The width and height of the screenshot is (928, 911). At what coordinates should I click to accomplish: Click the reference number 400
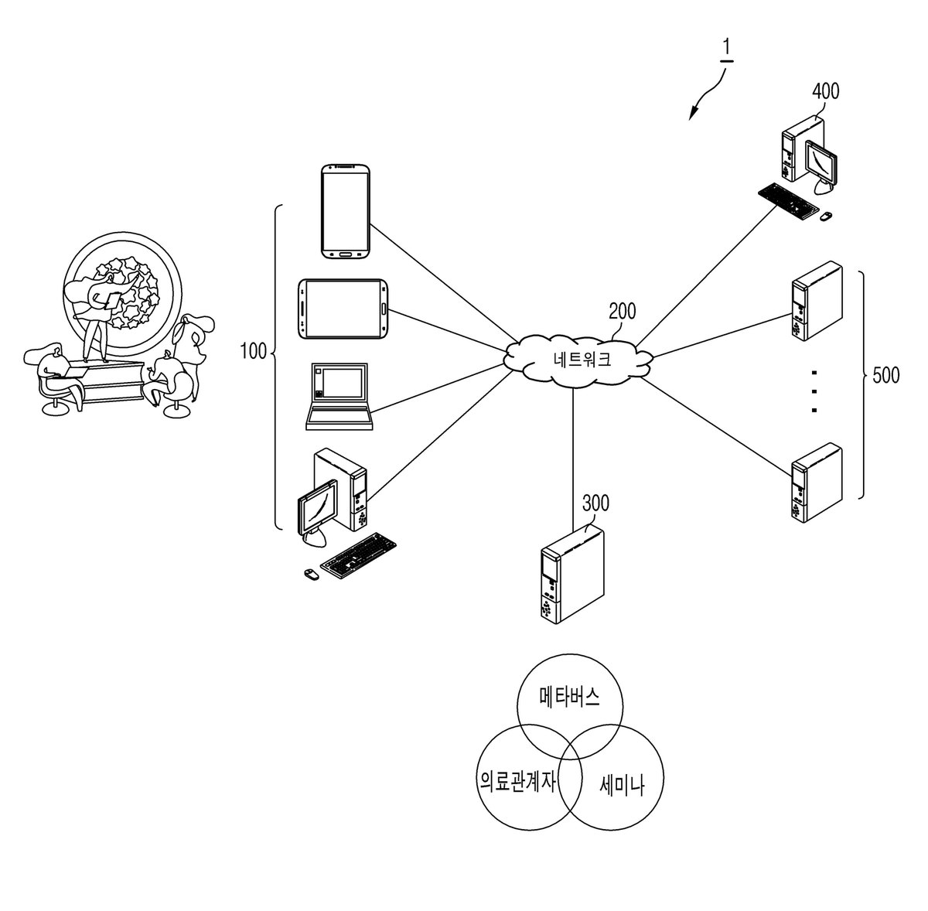point(825,91)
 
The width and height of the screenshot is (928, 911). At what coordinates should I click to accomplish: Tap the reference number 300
point(595,503)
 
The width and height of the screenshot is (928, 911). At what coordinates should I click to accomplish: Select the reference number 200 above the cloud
point(623,312)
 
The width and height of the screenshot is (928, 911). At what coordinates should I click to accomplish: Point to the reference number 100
point(254,352)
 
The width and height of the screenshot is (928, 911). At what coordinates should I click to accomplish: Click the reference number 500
point(886,376)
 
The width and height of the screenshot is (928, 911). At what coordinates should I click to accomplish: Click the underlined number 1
point(727,49)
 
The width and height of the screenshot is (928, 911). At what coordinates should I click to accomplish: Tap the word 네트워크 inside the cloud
point(582,360)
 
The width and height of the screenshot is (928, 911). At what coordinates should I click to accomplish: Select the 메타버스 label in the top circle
point(570,697)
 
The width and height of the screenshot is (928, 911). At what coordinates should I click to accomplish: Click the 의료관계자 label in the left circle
point(517,782)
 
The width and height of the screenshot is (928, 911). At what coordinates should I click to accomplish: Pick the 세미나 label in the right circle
point(622,786)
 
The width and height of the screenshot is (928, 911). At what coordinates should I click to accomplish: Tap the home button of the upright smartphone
point(345,254)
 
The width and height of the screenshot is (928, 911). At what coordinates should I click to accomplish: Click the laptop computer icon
point(339,397)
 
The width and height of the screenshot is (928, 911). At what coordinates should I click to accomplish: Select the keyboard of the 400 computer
point(788,201)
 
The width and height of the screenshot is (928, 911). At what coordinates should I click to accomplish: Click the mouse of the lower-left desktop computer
point(311,573)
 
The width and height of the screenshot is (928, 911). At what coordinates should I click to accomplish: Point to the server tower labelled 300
point(572,575)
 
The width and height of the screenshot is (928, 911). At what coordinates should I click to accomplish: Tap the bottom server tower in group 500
point(817,483)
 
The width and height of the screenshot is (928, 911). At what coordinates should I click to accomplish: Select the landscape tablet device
point(343,309)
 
